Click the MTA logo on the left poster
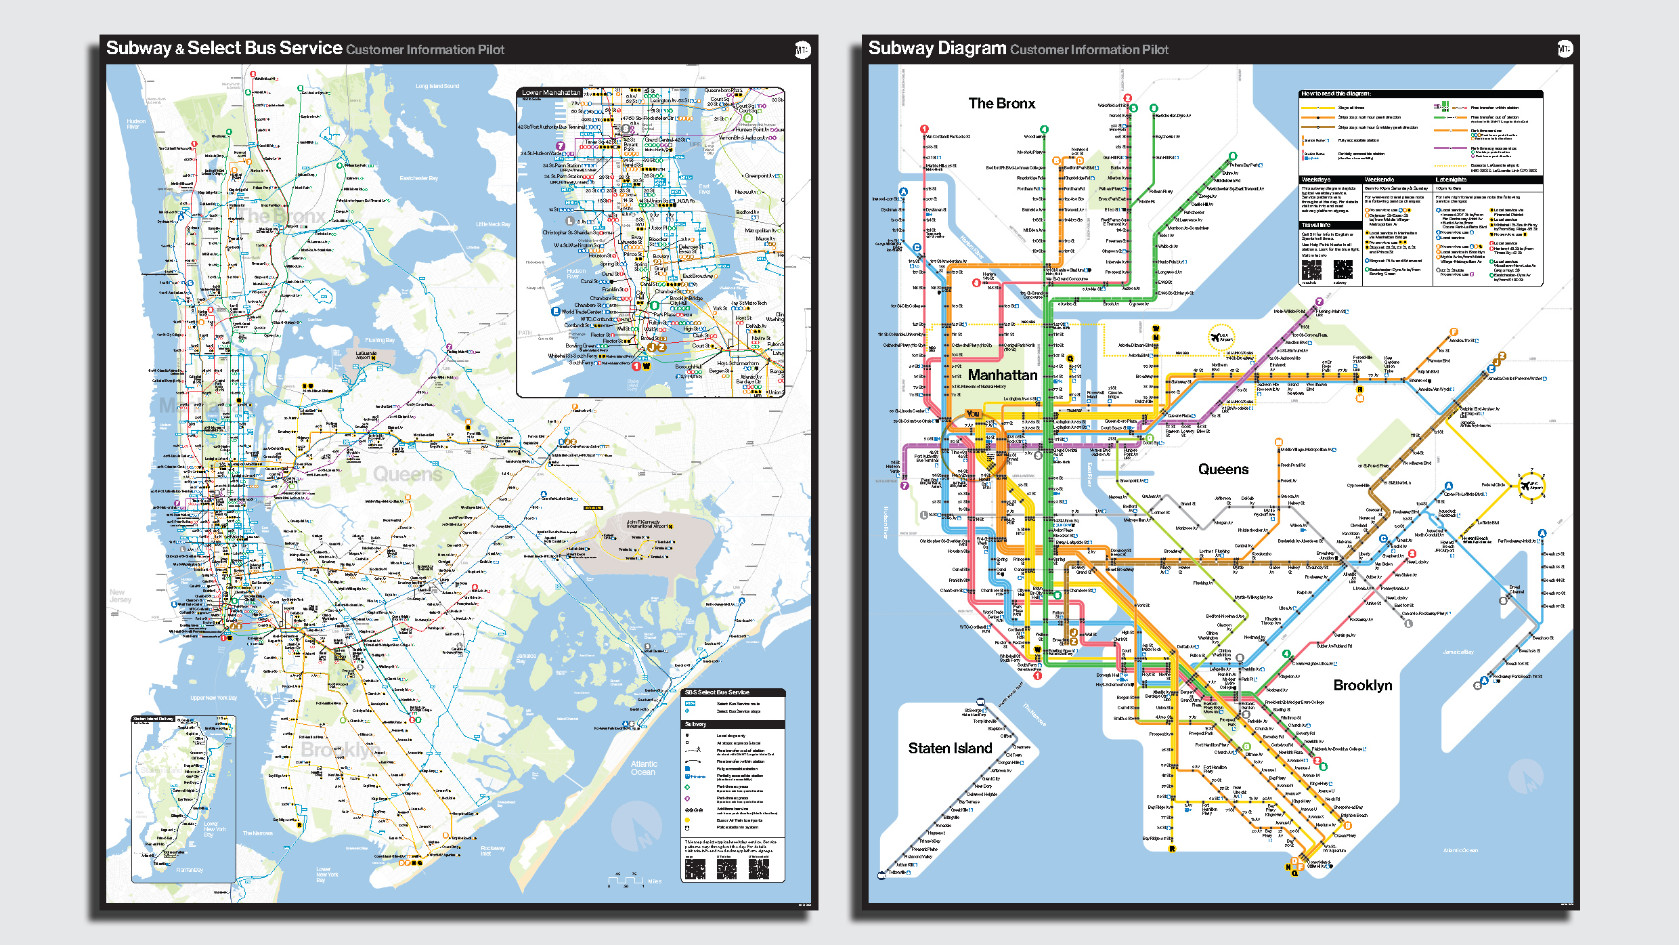tap(802, 49)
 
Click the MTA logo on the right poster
tap(1565, 49)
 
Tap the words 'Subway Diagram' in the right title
tap(937, 48)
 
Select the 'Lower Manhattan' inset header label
tap(550, 93)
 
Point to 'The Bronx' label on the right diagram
tap(1001, 104)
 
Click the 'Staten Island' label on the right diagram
tap(950, 748)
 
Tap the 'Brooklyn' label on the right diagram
tap(1362, 685)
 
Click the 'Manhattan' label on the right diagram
tap(1002, 375)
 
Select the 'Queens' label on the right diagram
tap(1223, 469)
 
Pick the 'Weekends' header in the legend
tap(1379, 180)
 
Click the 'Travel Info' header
tap(1315, 225)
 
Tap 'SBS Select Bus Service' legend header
tap(716, 692)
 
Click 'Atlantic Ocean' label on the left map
tap(643, 768)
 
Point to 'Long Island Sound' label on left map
tap(437, 86)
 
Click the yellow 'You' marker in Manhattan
tap(973, 413)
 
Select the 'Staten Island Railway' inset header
tap(153, 719)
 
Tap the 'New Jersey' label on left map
tap(120, 595)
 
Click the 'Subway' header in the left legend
tap(695, 724)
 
